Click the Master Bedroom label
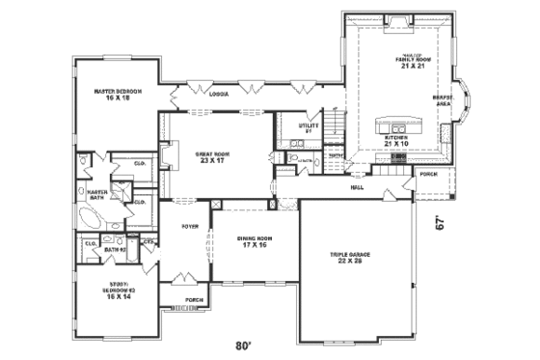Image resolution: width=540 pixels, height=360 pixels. point(112,94)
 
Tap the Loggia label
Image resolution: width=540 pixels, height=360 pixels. point(218,95)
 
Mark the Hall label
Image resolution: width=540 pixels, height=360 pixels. point(357,188)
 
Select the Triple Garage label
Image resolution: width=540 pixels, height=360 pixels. point(345,259)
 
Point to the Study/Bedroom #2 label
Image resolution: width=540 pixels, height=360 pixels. point(118,287)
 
